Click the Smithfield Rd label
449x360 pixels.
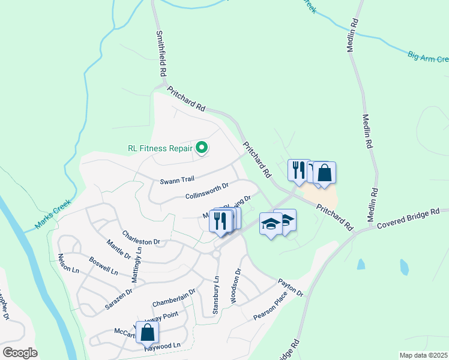161,53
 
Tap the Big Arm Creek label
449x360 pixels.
429,57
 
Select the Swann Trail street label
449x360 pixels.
178,180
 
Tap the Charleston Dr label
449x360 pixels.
140,238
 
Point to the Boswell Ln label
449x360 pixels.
103,266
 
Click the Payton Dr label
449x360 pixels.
290,287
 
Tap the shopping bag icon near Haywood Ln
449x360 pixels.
147,332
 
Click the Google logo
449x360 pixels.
20,353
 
